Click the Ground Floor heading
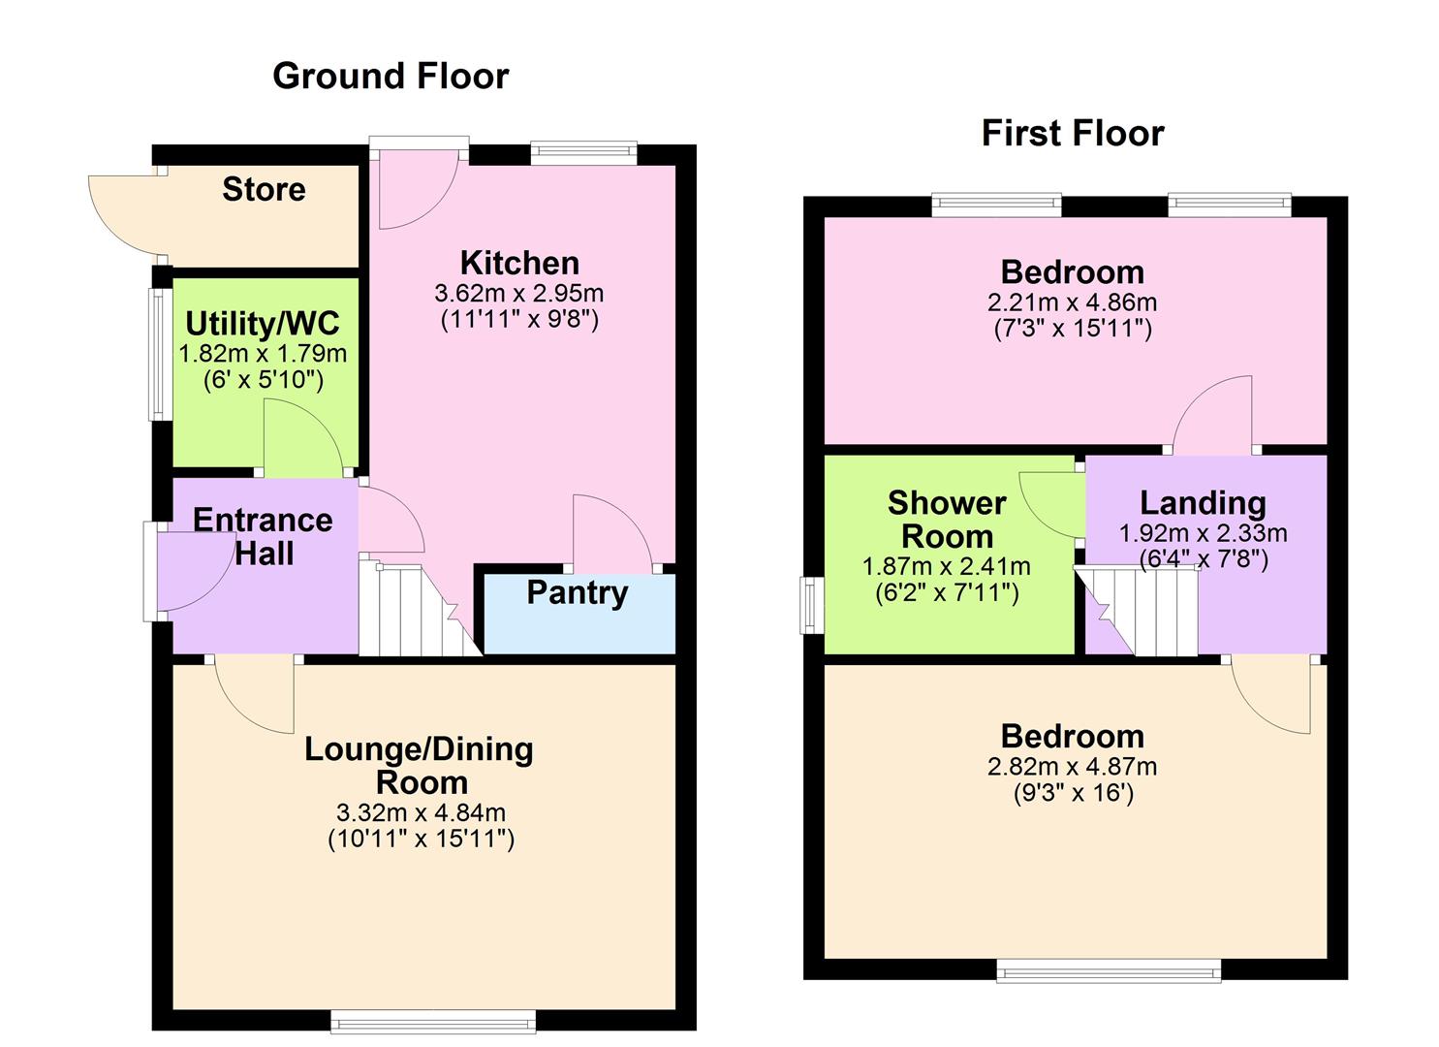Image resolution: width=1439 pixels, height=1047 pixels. click(x=391, y=76)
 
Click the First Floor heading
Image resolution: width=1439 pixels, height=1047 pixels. click(x=1073, y=133)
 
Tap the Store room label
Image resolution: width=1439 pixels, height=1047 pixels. click(x=264, y=189)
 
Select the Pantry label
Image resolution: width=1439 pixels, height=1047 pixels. click(x=577, y=592)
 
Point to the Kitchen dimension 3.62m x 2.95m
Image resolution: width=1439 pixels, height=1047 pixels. click(x=518, y=293)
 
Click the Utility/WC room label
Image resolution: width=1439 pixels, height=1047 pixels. click(x=263, y=323)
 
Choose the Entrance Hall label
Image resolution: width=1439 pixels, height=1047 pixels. click(x=263, y=536)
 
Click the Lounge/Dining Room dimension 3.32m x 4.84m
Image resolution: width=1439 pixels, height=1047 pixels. click(x=421, y=812)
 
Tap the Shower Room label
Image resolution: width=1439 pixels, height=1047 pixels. click(x=947, y=520)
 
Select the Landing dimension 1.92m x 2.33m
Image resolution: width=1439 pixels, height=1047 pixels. click(x=1203, y=533)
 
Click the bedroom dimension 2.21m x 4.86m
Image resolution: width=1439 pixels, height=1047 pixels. click(x=1072, y=302)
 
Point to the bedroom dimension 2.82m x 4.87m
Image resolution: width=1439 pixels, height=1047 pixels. click(x=1072, y=767)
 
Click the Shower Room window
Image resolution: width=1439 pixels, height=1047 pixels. click(x=809, y=606)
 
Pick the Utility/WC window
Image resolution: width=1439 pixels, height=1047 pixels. click(x=158, y=354)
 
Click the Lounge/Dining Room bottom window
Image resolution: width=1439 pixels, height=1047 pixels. click(x=432, y=1020)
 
